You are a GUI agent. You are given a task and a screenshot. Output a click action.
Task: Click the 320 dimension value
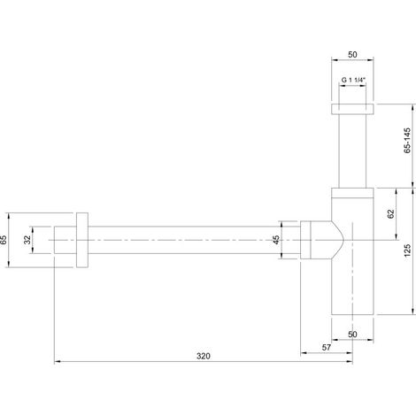click(204, 356)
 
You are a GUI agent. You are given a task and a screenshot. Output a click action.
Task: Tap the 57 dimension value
click(327, 347)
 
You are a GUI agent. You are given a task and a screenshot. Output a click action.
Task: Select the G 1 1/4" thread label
click(353, 80)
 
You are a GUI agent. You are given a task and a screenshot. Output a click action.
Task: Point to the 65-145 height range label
click(407, 141)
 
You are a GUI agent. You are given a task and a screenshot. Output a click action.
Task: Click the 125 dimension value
click(407, 250)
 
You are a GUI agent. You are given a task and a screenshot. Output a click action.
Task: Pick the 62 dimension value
click(390, 213)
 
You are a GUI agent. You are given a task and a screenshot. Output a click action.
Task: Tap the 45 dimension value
click(276, 240)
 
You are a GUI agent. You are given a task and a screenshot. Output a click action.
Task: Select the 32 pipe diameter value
click(27, 240)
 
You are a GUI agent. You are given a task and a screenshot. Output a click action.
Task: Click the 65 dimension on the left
click(4, 240)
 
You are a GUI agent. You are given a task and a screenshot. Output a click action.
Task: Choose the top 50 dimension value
click(352, 55)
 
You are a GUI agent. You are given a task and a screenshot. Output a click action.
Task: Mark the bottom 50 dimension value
click(352, 335)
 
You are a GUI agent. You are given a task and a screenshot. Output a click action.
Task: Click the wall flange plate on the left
click(82, 240)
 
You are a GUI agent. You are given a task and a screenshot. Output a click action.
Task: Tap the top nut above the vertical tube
click(352, 109)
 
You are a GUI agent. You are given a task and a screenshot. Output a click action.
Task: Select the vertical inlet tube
click(352, 150)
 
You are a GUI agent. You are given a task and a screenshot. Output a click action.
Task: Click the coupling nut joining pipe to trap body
click(305, 240)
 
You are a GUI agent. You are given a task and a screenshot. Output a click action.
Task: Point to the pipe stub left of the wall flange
click(65, 240)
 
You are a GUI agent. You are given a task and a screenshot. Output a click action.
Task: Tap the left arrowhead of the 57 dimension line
click(304, 352)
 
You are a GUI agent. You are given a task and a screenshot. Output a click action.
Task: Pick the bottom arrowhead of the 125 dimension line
click(412, 312)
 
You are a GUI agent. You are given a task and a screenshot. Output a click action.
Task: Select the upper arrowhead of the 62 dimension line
click(396, 191)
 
